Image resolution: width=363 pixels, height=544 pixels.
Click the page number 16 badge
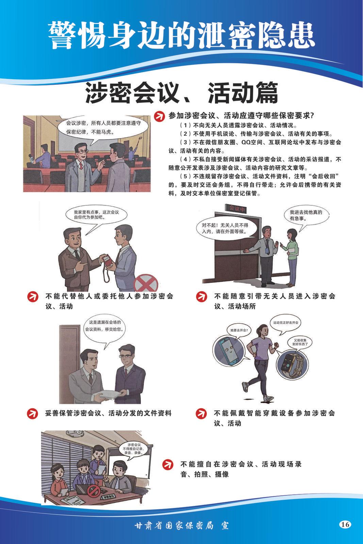[345, 524]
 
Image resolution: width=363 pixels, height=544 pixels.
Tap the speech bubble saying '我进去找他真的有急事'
[306, 215]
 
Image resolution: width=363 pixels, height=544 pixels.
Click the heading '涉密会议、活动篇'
[181, 92]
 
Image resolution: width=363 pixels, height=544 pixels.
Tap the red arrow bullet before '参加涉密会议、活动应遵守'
[159, 116]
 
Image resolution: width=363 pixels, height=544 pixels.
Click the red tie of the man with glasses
[81, 166]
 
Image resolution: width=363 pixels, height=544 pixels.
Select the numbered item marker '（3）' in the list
[186, 142]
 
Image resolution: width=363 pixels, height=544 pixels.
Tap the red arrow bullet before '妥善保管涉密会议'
[32, 413]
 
